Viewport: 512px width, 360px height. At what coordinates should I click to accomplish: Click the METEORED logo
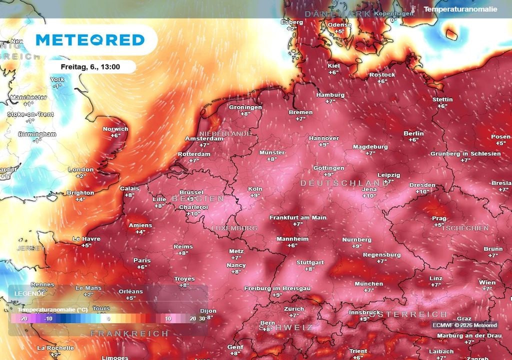(90, 40)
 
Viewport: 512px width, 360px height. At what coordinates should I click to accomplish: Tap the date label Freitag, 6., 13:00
(90, 66)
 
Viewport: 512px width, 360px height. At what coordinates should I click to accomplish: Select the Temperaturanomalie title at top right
(460, 9)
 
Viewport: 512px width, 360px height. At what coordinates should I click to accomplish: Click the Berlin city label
(413, 133)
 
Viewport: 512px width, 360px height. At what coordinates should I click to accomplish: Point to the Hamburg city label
(330, 94)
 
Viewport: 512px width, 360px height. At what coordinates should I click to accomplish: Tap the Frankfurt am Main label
(297, 217)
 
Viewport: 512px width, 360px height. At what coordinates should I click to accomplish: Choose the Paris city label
(142, 260)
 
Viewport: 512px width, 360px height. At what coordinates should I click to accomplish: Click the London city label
(81, 169)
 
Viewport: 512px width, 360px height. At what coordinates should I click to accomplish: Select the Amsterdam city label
(204, 138)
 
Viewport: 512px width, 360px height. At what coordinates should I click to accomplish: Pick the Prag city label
(439, 218)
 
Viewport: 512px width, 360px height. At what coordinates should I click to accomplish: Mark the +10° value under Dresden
(422, 191)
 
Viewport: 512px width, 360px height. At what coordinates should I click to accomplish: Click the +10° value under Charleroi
(193, 213)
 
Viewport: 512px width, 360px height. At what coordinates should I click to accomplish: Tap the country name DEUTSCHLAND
(344, 183)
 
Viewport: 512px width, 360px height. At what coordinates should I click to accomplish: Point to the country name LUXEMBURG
(234, 228)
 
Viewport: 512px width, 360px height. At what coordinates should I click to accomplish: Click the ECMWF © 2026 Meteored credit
(464, 325)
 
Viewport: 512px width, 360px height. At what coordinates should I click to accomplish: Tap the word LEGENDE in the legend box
(29, 293)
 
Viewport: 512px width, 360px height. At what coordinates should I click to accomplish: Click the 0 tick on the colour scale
(108, 318)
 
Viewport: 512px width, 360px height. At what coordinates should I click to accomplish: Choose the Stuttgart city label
(310, 262)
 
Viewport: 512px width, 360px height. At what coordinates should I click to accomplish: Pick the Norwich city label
(115, 128)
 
